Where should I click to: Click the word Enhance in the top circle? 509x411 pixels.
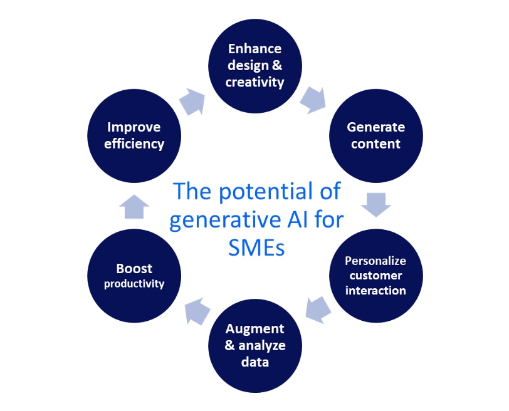pyautogui.click(x=255, y=49)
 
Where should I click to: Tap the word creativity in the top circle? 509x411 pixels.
pyautogui.click(x=255, y=81)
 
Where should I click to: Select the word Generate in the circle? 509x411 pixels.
pyautogui.click(x=375, y=127)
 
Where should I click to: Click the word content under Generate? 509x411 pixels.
pyautogui.click(x=375, y=143)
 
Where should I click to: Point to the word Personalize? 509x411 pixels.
pyautogui.click(x=375, y=261)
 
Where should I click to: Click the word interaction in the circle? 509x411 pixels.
pyautogui.click(x=375, y=290)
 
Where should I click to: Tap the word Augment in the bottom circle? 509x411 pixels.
pyautogui.click(x=255, y=328)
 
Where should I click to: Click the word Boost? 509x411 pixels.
pyautogui.click(x=134, y=268)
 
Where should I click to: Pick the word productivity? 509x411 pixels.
pyautogui.click(x=134, y=284)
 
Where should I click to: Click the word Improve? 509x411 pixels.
pyautogui.click(x=134, y=127)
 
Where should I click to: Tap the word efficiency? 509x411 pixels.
pyautogui.click(x=134, y=143)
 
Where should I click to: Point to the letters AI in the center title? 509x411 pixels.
pyautogui.click(x=301, y=219)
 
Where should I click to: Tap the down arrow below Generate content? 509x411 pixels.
pyautogui.click(x=376, y=204)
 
